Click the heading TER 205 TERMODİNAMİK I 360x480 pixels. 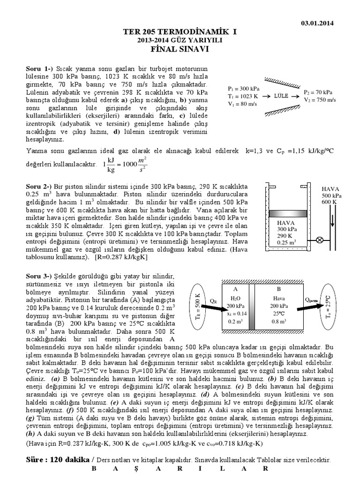click(x=180, y=32)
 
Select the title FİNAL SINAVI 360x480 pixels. click(x=180, y=48)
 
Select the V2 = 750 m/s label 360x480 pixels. click(x=319, y=100)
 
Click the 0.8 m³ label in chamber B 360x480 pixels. click(x=278, y=322)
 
